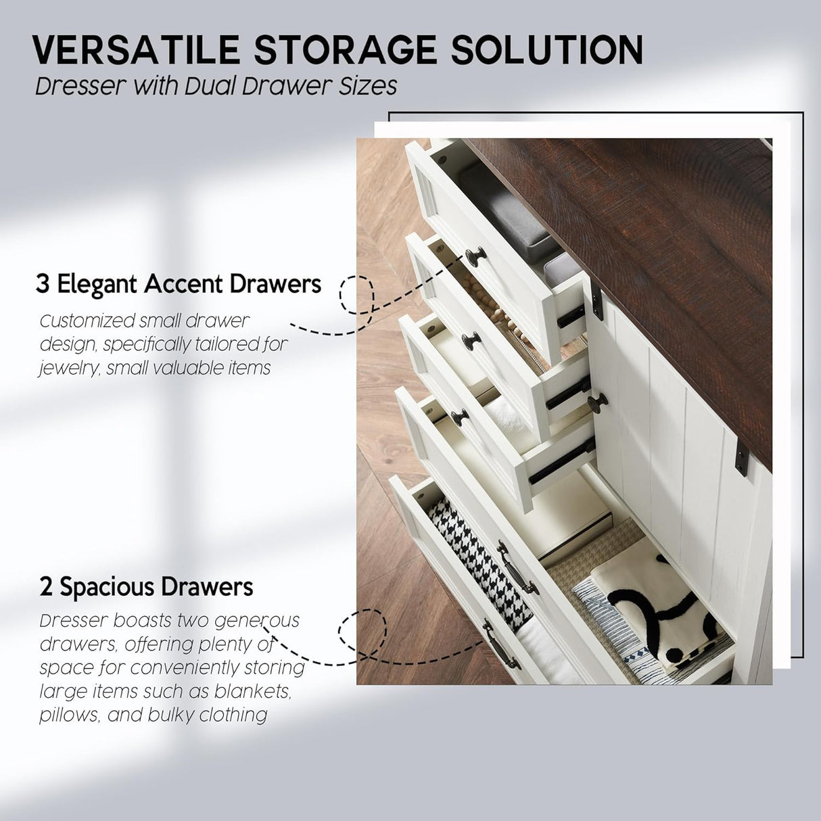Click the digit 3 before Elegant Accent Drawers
point(43,284)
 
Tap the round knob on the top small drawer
point(475,256)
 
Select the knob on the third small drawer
point(460,417)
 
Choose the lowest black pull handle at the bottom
point(501,649)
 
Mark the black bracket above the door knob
point(596,302)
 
